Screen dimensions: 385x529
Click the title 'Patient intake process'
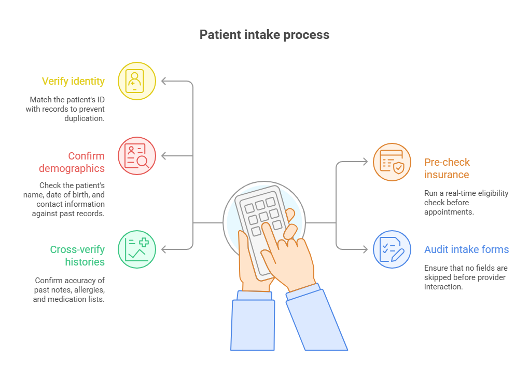[x=264, y=35]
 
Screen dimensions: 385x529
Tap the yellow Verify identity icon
[x=137, y=81]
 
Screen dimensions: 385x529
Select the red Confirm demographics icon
[x=137, y=156]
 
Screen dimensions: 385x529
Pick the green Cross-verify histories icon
[x=137, y=249]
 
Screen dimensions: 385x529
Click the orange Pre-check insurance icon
[x=392, y=162]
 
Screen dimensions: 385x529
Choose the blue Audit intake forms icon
[x=392, y=249]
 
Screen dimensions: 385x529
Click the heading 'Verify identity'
[x=73, y=81]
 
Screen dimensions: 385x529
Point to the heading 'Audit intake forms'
[x=466, y=249]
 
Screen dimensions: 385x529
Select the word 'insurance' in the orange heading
[x=447, y=175]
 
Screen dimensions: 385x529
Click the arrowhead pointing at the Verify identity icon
[x=164, y=81]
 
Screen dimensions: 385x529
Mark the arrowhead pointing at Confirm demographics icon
[x=164, y=156]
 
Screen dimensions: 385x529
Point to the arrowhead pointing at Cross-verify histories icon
[x=164, y=249]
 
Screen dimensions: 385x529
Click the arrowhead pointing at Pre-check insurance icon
[x=365, y=162]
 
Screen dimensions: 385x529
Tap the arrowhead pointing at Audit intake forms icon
[x=365, y=249]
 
